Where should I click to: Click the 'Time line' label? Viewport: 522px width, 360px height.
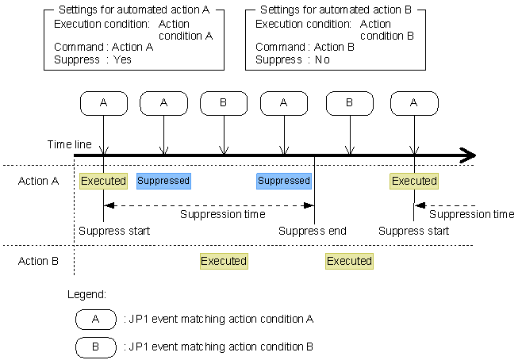[x=69, y=144]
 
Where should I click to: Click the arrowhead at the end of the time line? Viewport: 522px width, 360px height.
[x=468, y=155]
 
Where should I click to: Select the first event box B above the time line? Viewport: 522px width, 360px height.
[x=225, y=102]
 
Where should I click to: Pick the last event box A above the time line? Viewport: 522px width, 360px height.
[x=414, y=102]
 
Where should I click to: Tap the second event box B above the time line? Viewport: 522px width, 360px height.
[x=349, y=102]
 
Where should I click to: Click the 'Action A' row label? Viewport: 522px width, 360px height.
[x=39, y=181]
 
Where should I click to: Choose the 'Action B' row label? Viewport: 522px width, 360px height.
[x=39, y=261]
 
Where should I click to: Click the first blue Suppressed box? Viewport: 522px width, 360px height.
[x=163, y=181]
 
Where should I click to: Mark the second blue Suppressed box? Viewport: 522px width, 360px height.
[x=283, y=181]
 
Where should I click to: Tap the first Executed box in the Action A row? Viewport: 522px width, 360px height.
[x=104, y=181]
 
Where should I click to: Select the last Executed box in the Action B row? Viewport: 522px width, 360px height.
[x=349, y=261]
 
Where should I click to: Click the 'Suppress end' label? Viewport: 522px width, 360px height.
[x=313, y=232]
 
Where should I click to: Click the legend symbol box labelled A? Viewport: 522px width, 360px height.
[x=95, y=320]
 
